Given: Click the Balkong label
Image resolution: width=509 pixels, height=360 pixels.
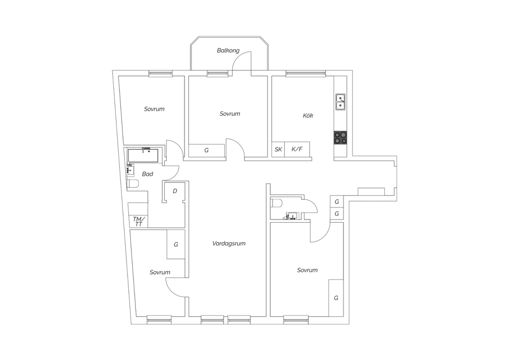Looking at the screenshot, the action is tap(228, 50).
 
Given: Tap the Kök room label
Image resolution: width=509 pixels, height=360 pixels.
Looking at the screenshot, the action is tap(308, 115).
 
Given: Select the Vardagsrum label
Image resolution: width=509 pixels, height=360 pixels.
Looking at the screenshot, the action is tap(229, 243).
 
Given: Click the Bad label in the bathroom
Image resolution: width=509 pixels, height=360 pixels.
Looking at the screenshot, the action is tap(148, 174).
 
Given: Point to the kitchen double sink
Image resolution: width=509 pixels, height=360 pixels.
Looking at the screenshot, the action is tap(340, 102).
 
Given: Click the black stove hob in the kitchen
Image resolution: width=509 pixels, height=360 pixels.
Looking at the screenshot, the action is tap(340, 138).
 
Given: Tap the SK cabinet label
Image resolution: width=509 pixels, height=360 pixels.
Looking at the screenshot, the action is tap(278, 149).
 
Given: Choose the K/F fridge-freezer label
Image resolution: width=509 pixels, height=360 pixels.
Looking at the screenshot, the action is tap(297, 149).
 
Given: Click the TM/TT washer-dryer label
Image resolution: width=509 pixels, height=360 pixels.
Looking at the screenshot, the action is tap(138, 221).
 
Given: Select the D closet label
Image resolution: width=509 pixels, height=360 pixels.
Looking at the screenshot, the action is tap(175, 191).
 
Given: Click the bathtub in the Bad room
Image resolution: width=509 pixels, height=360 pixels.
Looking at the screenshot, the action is tap(143, 156).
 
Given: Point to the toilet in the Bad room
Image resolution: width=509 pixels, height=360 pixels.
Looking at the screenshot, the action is tap(133, 183).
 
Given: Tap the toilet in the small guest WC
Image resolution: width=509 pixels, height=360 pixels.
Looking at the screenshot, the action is tap(276, 203).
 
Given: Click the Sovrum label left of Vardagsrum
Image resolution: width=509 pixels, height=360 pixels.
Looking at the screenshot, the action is tap(160, 272).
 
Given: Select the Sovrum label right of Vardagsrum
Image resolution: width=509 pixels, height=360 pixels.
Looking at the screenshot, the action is tap(307, 270).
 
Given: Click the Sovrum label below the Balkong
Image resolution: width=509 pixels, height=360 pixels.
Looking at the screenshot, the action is tap(230, 113).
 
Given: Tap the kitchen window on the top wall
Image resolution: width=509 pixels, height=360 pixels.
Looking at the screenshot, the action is tap(306, 73).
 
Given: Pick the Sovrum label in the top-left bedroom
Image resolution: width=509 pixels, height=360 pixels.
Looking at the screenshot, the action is tap(154, 109).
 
